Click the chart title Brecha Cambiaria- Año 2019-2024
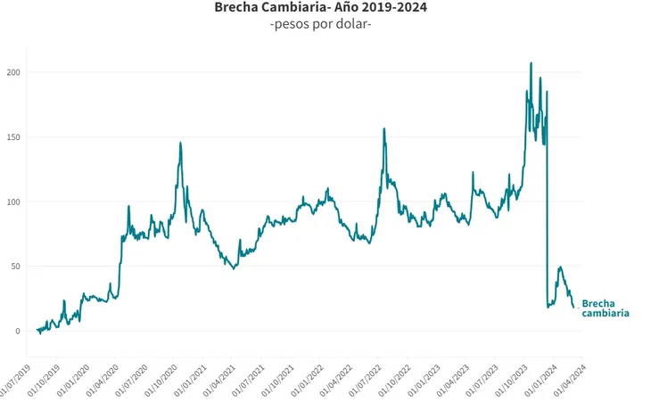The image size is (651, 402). tap(320, 8)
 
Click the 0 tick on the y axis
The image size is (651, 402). tap(18, 331)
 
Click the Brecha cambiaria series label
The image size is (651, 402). tap(605, 308)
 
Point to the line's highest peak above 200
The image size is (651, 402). tap(532, 63)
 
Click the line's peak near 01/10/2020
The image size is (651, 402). tap(180, 143)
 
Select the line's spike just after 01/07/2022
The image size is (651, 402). tap(384, 128)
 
